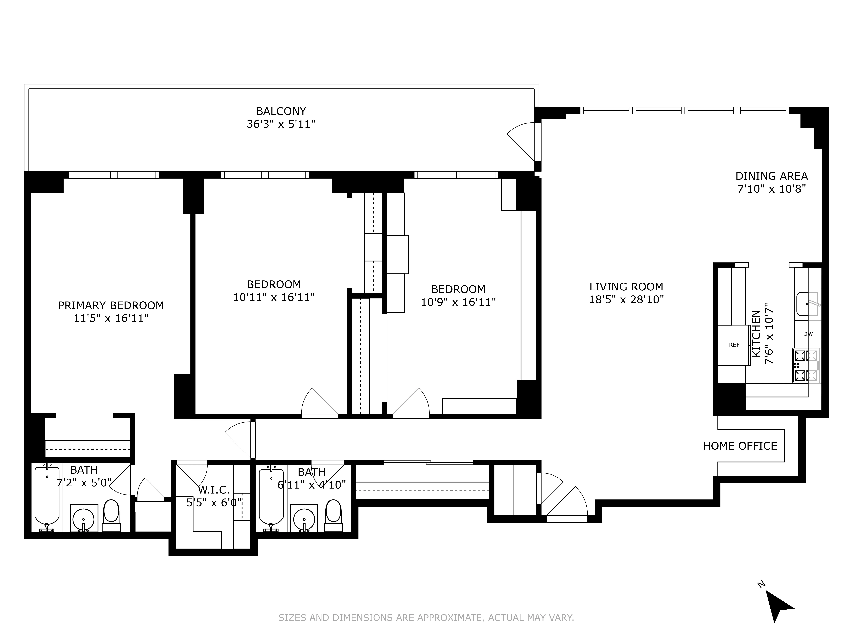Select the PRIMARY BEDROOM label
coord(111,305)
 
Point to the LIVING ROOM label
coord(626,287)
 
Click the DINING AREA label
coord(771,176)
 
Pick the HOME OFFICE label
coord(740,446)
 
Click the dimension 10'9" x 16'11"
coord(458,302)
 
